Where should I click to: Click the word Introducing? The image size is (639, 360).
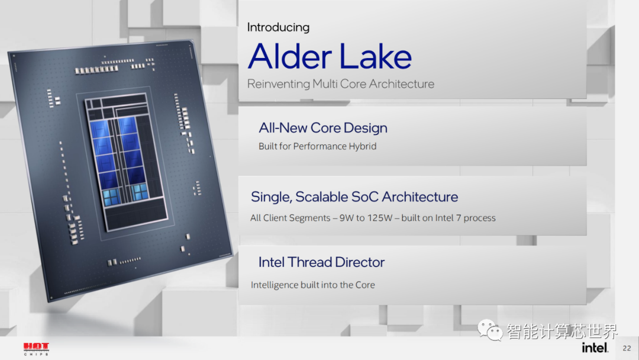point(278,27)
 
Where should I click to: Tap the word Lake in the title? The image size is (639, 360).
point(375,56)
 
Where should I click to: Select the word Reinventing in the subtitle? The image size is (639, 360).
point(279,84)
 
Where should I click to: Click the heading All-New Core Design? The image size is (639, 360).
point(323,128)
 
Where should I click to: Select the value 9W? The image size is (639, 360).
point(346,218)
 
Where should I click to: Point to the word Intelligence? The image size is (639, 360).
point(275,285)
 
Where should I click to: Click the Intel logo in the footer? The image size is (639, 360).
point(595,348)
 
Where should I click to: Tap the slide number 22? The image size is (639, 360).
point(627,348)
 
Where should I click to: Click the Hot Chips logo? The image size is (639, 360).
point(36,349)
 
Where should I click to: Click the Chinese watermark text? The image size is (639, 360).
point(562,331)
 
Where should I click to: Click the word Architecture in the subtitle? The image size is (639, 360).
point(401,84)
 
